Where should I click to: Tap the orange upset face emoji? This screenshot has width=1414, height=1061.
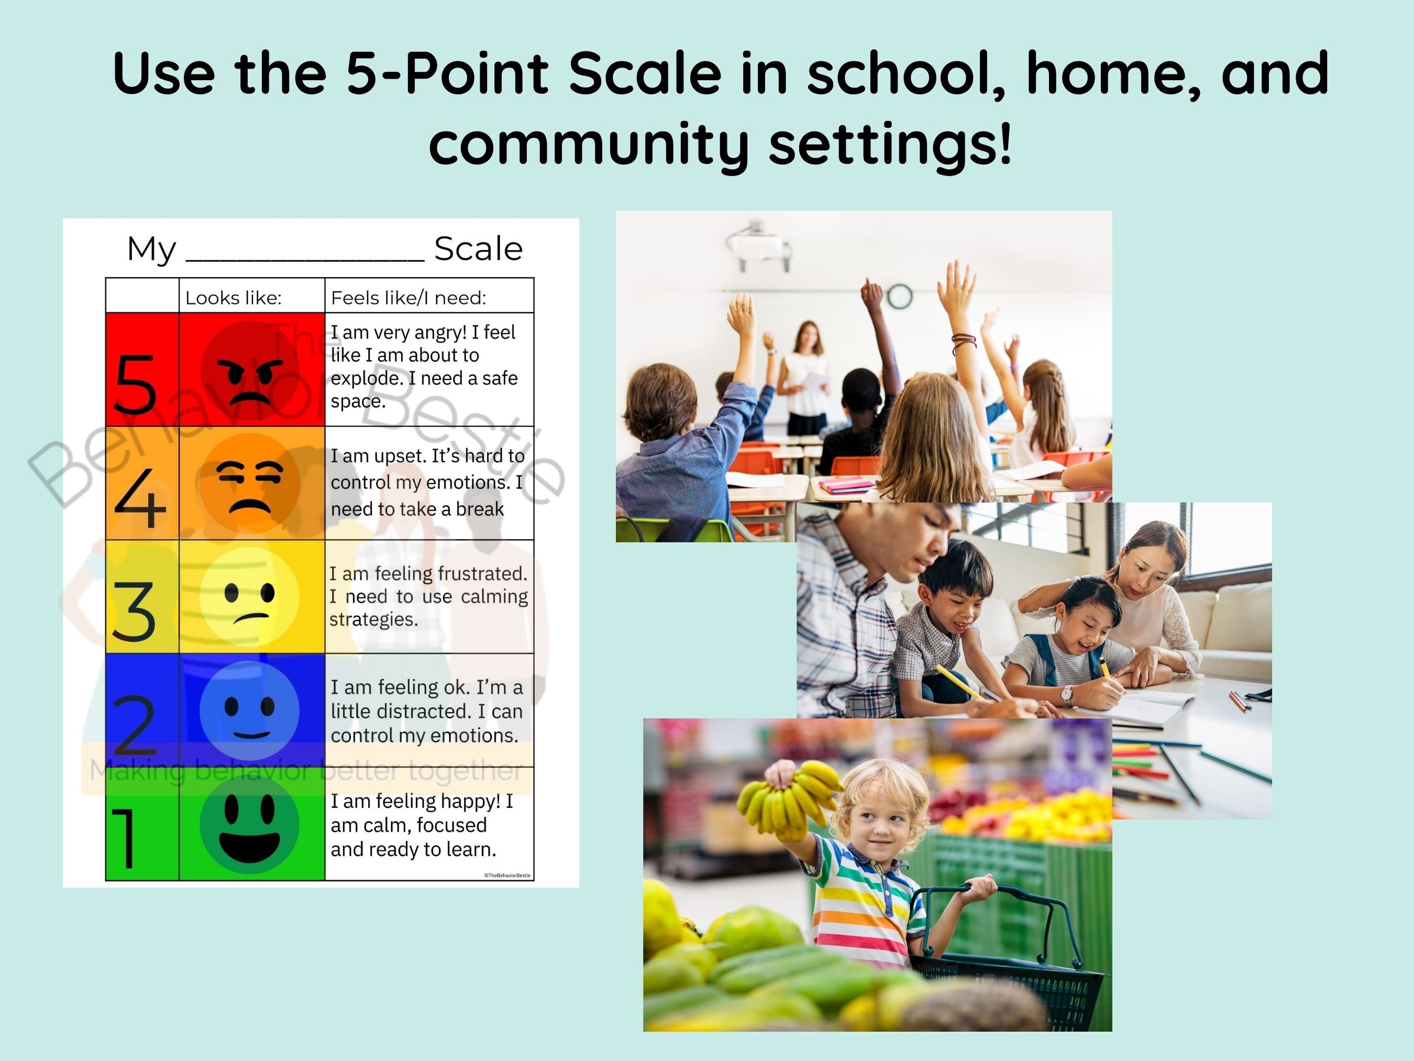(x=250, y=484)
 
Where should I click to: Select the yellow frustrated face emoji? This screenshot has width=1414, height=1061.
(x=249, y=597)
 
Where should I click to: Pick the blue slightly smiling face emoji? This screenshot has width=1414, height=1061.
(x=249, y=710)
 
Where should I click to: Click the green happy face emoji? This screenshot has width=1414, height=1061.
(x=249, y=825)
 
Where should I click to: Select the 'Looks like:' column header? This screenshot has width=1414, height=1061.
(x=234, y=298)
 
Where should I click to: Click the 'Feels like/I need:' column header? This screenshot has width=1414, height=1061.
(x=408, y=298)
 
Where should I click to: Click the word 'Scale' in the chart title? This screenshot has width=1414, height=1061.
(x=478, y=249)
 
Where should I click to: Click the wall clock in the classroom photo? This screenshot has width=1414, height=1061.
(x=899, y=296)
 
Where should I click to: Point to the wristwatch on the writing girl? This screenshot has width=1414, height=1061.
(x=1066, y=695)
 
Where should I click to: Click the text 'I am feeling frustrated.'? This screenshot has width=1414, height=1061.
(x=428, y=574)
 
